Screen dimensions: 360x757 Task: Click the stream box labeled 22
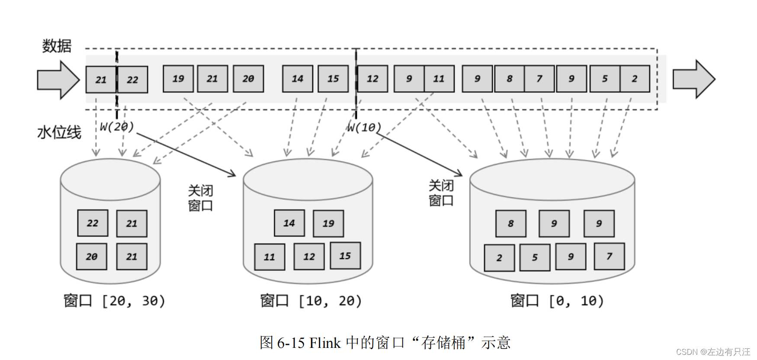[x=132, y=80]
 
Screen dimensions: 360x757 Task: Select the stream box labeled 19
[x=178, y=79]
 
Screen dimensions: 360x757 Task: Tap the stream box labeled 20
[x=248, y=79]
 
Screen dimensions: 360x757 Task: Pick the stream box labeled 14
[x=297, y=79]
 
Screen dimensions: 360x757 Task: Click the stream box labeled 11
[x=439, y=79]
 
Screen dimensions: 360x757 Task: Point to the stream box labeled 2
[x=635, y=79]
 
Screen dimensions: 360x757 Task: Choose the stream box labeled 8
[x=509, y=79]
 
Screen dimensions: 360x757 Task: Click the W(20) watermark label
[x=117, y=126]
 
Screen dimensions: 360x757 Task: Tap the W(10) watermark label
[x=364, y=127]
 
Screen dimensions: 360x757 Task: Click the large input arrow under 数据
[x=58, y=80]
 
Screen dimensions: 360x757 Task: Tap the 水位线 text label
[x=59, y=132]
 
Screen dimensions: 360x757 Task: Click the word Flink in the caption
[x=325, y=343]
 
